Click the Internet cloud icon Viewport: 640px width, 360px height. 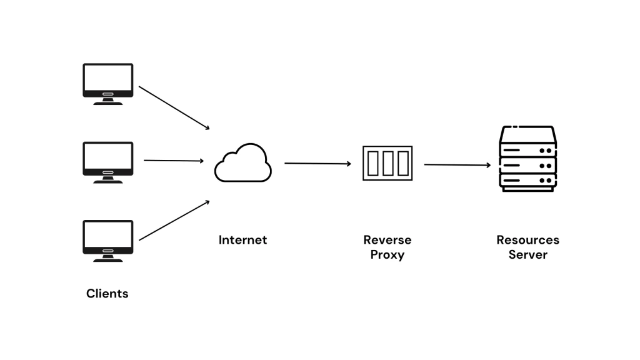pyautogui.click(x=243, y=163)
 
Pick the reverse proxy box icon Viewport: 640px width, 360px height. pyautogui.click(x=387, y=163)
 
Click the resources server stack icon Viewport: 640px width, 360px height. pyautogui.click(x=527, y=159)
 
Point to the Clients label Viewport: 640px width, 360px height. pyautogui.click(x=107, y=293)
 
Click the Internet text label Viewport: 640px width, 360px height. pyautogui.click(x=242, y=240)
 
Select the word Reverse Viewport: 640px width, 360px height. pyautogui.click(x=387, y=240)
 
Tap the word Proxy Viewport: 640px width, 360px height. pyautogui.click(x=387, y=255)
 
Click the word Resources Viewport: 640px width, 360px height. pyautogui.click(x=527, y=240)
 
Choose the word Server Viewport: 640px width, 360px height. pyautogui.click(x=527, y=255)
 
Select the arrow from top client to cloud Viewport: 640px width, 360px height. pyautogui.click(x=174, y=108)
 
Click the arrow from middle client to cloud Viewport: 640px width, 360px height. pyautogui.click(x=174, y=161)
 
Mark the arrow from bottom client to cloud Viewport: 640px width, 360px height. pyautogui.click(x=174, y=220)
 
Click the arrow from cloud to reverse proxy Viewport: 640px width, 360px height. pyautogui.click(x=317, y=164)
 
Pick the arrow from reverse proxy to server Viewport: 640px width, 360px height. pyautogui.click(x=457, y=165)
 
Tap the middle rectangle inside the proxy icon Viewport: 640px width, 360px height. pyautogui.click(x=387, y=163)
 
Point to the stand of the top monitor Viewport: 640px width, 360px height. pyautogui.click(x=108, y=101)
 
